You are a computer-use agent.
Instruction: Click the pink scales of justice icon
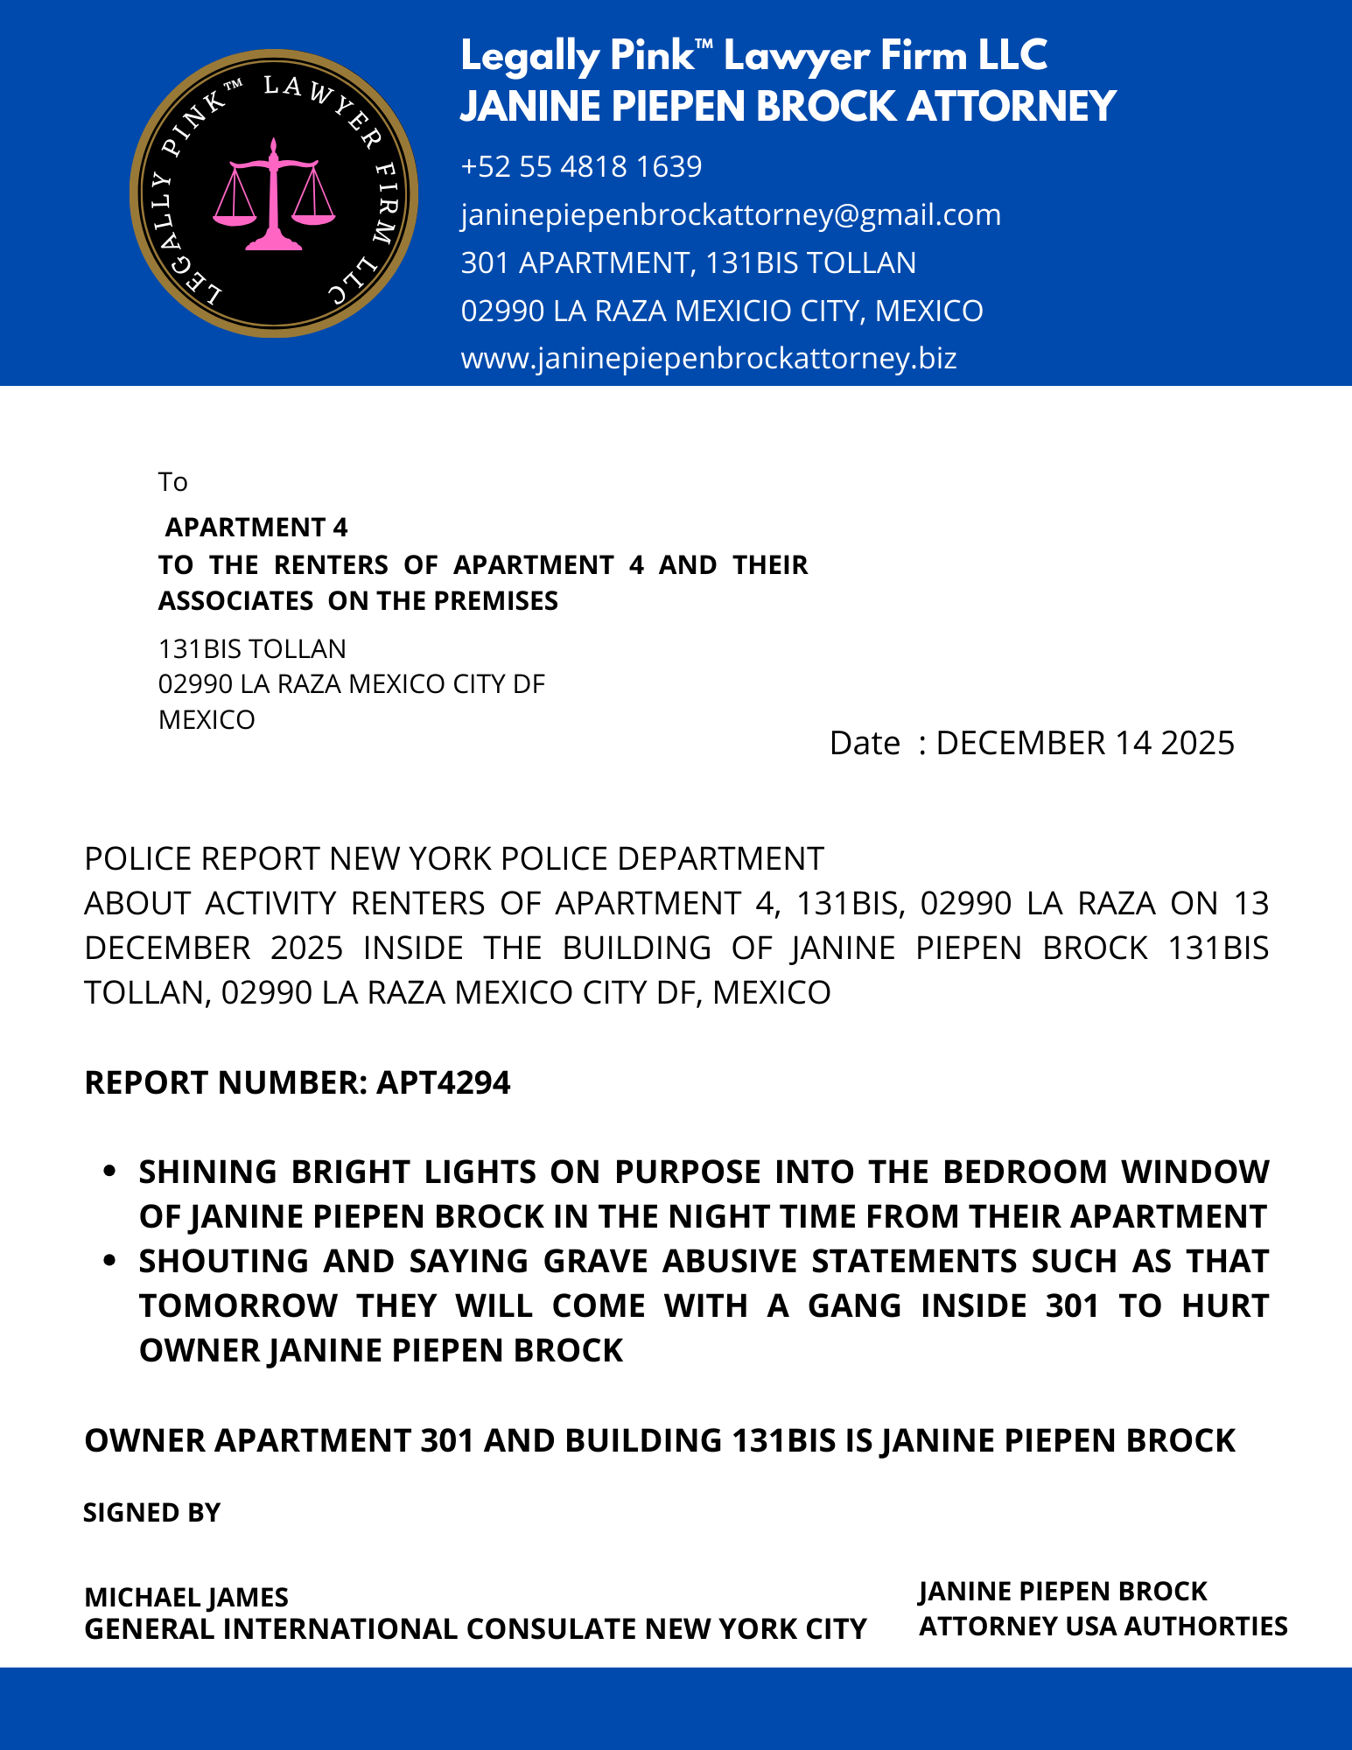click(x=274, y=194)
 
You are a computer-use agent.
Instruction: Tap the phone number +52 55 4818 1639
click(x=581, y=166)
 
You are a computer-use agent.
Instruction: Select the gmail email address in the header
click(x=731, y=214)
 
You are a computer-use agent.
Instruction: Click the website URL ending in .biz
click(x=709, y=358)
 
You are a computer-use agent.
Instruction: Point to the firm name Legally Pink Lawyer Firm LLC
click(x=753, y=56)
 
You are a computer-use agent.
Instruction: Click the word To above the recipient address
click(x=172, y=482)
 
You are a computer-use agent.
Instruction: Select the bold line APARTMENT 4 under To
click(x=256, y=528)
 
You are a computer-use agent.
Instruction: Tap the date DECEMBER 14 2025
click(x=1084, y=743)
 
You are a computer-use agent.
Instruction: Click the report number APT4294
click(x=443, y=1082)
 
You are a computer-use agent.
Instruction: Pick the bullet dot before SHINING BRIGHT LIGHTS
click(x=109, y=1171)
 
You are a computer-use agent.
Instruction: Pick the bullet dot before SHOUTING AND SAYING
click(x=109, y=1261)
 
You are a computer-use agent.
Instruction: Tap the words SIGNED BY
click(x=151, y=1513)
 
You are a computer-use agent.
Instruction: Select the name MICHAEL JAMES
click(x=186, y=1598)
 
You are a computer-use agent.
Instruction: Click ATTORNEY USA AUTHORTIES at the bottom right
click(x=1103, y=1626)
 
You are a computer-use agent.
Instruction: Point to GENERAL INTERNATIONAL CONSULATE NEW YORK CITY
click(x=475, y=1629)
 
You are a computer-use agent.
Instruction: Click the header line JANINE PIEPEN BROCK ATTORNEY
click(x=788, y=106)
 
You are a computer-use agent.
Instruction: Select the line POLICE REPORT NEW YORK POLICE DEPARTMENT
click(x=454, y=858)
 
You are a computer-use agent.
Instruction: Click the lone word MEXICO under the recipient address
click(x=207, y=720)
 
